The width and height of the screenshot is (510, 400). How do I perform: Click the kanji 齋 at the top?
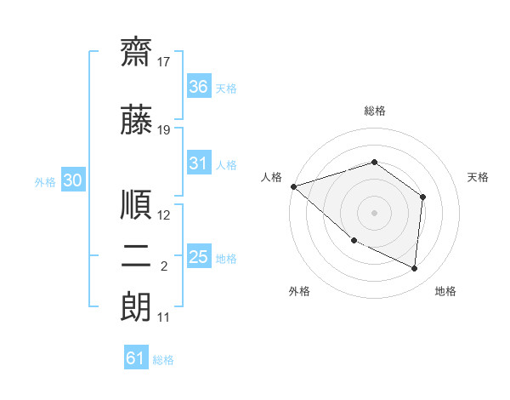pyautogui.click(x=136, y=52)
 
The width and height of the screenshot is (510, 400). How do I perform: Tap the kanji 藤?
pyautogui.click(x=136, y=119)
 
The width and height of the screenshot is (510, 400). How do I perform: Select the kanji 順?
pyautogui.click(x=136, y=204)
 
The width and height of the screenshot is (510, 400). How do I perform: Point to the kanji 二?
pyautogui.click(x=136, y=256)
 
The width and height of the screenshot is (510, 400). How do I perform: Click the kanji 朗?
pyautogui.click(x=136, y=307)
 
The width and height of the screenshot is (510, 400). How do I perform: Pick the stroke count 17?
pyautogui.click(x=163, y=62)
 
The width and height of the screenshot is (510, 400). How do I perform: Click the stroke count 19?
pyautogui.click(x=163, y=130)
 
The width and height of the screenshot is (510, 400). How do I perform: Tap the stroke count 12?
pyautogui.click(x=163, y=215)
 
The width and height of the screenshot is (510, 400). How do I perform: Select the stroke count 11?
pyautogui.click(x=163, y=317)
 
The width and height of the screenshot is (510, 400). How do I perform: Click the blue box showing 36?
pyautogui.click(x=199, y=86)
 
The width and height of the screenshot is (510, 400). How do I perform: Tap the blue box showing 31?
pyautogui.click(x=199, y=163)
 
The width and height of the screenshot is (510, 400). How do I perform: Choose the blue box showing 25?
pyautogui.click(x=199, y=255)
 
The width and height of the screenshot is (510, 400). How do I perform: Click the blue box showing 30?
pyautogui.click(x=73, y=180)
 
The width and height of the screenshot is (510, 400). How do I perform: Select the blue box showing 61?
pyautogui.click(x=136, y=357)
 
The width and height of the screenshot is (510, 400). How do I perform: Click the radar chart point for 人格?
pyautogui.click(x=294, y=186)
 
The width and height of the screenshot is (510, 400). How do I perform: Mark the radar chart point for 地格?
pyautogui.click(x=414, y=268)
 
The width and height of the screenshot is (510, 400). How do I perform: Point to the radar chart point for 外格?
pyautogui.click(x=354, y=241)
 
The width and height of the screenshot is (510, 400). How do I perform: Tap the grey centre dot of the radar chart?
pyautogui.click(x=374, y=213)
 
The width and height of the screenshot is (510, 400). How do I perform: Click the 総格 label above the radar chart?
pyautogui.click(x=375, y=111)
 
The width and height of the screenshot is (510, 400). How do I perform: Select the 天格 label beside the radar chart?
pyautogui.click(x=478, y=177)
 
